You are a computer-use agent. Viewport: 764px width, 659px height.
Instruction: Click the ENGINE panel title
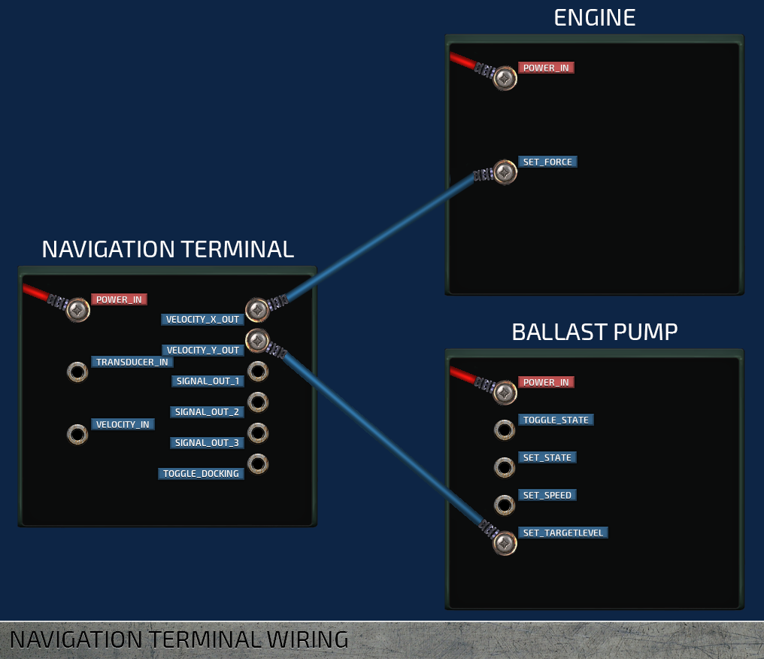point(594,17)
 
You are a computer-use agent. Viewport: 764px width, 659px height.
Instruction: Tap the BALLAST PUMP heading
point(594,332)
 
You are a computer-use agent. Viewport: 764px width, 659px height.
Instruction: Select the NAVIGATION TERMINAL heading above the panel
point(168,249)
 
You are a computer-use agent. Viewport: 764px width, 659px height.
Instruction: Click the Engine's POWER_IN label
point(546,68)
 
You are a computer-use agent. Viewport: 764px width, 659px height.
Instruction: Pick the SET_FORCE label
point(547,162)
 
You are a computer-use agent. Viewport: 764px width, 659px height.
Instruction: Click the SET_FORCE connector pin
point(505,172)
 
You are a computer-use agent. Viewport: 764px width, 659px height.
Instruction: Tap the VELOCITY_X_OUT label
point(202,320)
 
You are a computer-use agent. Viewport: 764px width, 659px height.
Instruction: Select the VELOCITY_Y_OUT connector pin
point(257,340)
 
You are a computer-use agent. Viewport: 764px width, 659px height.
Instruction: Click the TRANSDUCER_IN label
point(132,362)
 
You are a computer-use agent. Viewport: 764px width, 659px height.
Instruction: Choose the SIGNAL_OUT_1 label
point(207,381)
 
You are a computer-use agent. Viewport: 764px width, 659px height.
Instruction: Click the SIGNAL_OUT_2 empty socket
point(258,402)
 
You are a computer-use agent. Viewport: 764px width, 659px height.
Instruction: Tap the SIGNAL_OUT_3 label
point(207,443)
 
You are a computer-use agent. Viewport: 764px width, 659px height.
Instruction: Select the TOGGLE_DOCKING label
point(201,474)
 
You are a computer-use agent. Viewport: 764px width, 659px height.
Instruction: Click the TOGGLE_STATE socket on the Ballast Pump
point(505,430)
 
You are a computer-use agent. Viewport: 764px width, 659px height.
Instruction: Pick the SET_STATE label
point(547,457)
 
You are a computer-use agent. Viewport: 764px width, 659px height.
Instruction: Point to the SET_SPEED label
point(547,495)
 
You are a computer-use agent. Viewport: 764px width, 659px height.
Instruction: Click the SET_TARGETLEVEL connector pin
point(505,543)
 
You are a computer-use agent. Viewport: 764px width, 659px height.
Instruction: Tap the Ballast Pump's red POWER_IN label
point(546,382)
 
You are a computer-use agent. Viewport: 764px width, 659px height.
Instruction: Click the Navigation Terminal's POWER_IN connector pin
point(77,310)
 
